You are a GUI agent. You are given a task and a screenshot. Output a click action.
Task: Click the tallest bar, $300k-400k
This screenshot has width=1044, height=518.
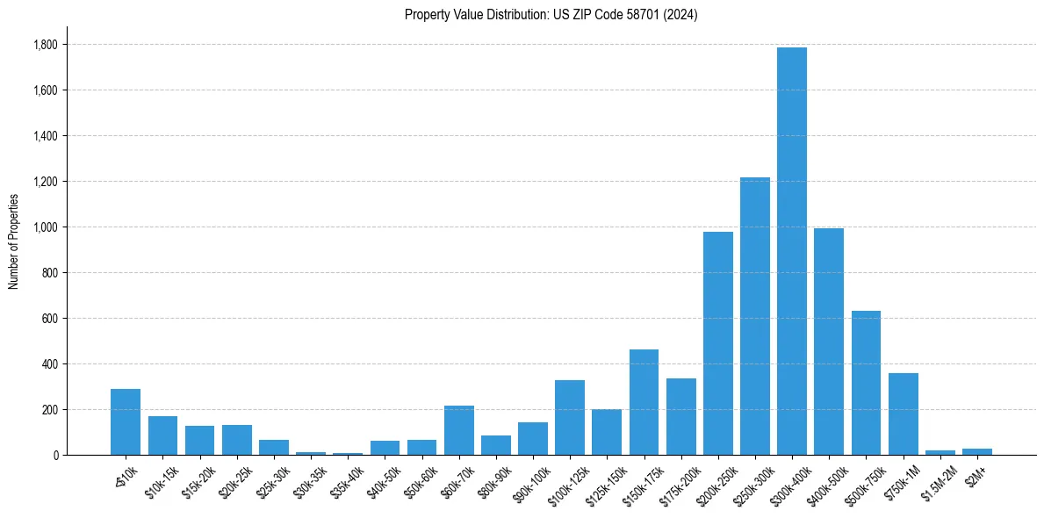pos(792,251)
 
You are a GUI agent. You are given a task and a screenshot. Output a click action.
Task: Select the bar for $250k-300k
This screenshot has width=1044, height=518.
pos(755,316)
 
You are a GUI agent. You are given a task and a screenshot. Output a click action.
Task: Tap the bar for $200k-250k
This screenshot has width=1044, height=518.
pos(717,343)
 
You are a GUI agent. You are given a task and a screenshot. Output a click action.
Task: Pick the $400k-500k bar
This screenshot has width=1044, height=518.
pos(829,342)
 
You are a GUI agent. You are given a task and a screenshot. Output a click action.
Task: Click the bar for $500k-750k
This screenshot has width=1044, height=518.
pos(866,383)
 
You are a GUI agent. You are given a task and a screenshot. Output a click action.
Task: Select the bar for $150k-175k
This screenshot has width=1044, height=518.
pos(644,402)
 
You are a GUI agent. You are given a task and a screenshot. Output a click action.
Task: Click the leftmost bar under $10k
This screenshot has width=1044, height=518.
pos(126,422)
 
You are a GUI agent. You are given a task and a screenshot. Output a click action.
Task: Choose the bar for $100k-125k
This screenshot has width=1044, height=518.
pos(570,418)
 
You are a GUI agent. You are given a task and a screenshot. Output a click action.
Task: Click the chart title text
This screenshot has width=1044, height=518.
pos(551,15)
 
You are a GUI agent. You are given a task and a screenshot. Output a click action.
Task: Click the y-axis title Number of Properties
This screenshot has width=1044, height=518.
pos(13,241)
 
